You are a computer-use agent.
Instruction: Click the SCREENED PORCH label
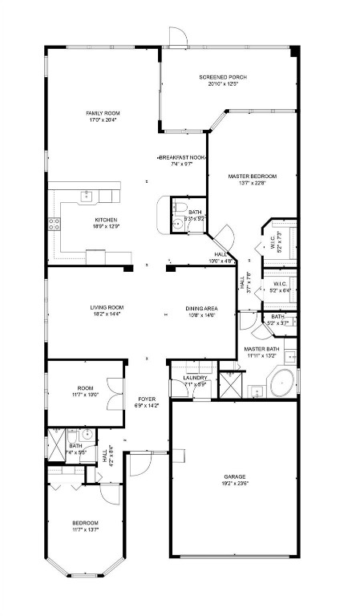click(x=222, y=77)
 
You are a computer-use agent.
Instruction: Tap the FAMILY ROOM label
click(x=103, y=113)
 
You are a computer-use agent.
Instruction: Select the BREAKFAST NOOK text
click(x=182, y=157)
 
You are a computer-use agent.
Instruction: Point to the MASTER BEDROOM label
click(x=252, y=176)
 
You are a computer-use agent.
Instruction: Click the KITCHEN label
click(x=107, y=220)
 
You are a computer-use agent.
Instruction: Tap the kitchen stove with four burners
click(x=55, y=225)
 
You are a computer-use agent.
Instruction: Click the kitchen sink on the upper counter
click(x=86, y=195)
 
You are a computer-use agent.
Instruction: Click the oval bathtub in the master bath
click(x=281, y=383)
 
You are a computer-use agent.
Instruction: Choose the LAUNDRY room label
click(x=195, y=377)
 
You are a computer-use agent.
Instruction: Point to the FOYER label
click(x=147, y=399)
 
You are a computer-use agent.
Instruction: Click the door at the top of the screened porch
click(x=178, y=36)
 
